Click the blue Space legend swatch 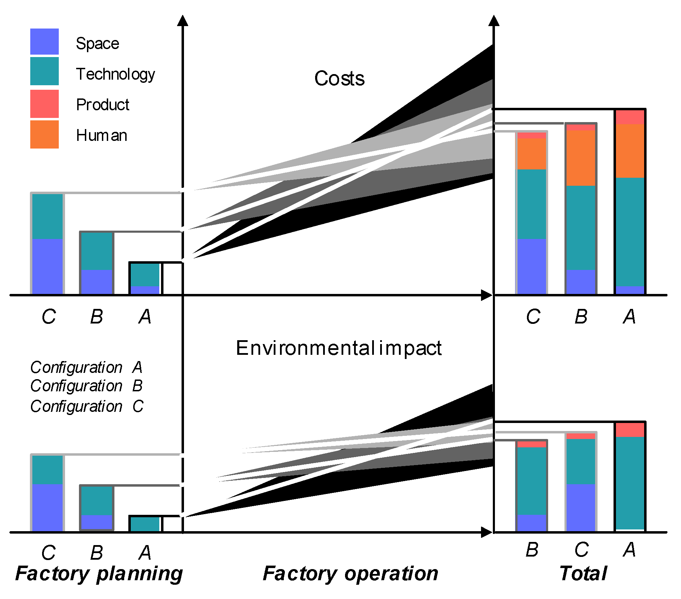tap(44, 41)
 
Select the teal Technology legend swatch tap(44, 71)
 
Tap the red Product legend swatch tap(44, 104)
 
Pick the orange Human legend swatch tap(44, 134)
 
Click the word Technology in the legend tap(115, 74)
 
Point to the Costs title tap(339, 79)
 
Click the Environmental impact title tap(338, 348)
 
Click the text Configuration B tap(86, 386)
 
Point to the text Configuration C tap(86, 406)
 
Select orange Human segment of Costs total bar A tap(630, 151)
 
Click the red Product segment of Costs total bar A tap(630, 117)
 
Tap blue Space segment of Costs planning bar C tap(47, 266)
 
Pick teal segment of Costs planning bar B tap(96, 251)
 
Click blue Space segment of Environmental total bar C tap(580, 507)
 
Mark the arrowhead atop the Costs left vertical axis tap(183, 21)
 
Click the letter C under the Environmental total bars tap(581, 550)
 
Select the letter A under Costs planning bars tap(145, 317)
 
